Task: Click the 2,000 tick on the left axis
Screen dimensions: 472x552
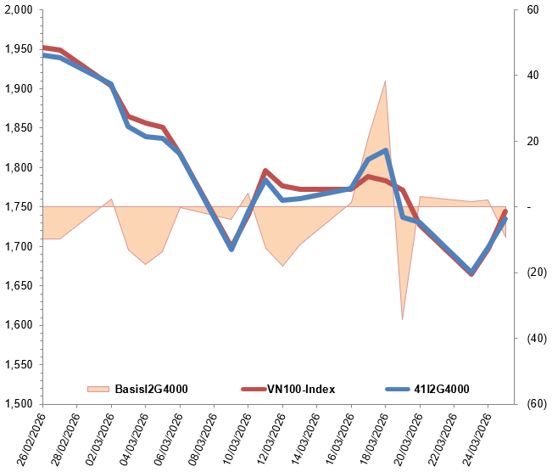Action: tap(18, 10)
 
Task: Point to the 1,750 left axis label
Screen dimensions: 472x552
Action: tap(18, 207)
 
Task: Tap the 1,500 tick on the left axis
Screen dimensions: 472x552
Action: tap(18, 403)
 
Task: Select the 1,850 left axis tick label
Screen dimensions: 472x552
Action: tap(18, 128)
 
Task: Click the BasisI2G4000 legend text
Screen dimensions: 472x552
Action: tap(151, 389)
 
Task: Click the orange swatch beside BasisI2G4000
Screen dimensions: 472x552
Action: tap(98, 389)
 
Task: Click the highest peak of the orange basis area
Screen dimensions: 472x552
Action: tap(386, 81)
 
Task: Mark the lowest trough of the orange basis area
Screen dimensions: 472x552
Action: tap(402, 319)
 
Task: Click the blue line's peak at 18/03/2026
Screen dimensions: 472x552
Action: tap(386, 150)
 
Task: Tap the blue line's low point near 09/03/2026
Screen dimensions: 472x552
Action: tap(231, 249)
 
